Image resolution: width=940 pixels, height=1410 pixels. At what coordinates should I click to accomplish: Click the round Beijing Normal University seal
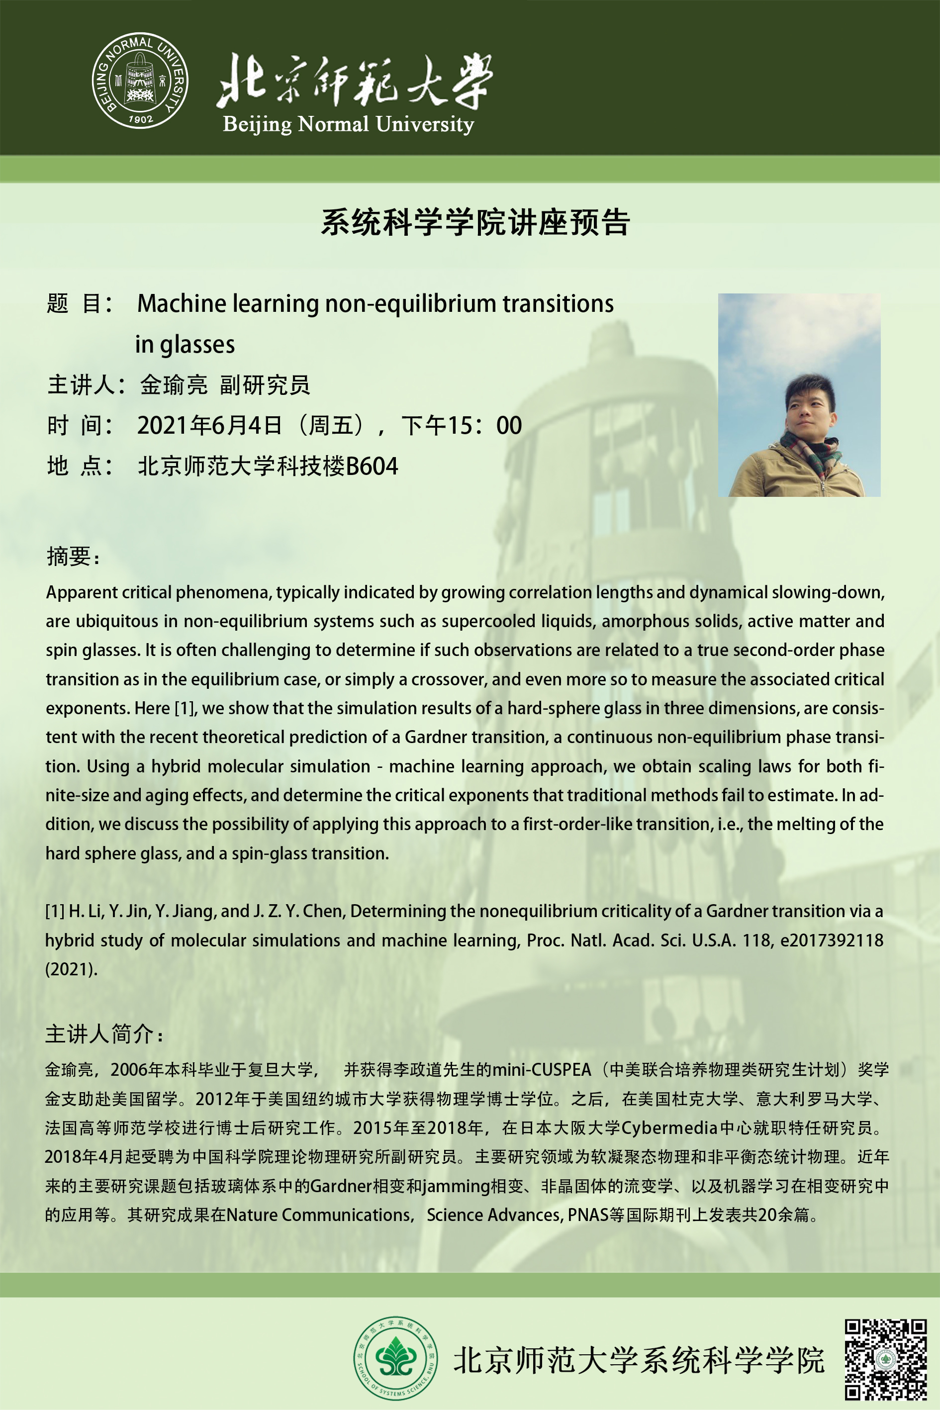click(140, 81)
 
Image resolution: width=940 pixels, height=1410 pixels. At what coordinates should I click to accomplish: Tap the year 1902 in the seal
click(140, 119)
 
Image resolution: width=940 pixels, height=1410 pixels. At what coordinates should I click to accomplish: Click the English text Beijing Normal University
click(348, 124)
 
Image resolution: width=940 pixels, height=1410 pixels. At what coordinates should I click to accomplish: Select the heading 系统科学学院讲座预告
click(475, 222)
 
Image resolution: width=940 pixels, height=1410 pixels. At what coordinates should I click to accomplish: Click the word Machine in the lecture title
click(182, 303)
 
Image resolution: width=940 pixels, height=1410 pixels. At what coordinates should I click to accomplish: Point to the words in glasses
click(185, 345)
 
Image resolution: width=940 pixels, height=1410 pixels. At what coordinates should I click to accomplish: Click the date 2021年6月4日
click(209, 426)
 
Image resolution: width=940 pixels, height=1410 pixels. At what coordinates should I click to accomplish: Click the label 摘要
click(70, 557)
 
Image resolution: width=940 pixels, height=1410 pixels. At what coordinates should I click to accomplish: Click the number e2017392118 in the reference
click(832, 940)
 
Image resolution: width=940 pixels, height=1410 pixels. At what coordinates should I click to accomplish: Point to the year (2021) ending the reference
click(71, 969)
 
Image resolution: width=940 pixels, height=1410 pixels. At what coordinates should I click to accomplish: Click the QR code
click(885, 1359)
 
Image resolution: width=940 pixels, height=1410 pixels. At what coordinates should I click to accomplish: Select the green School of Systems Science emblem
click(395, 1358)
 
